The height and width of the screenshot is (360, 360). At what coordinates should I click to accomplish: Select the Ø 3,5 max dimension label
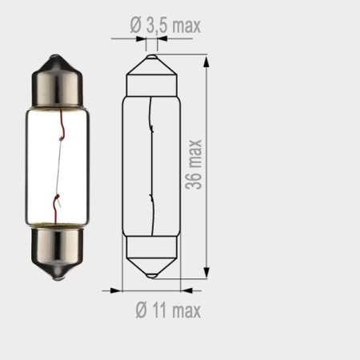(x=166, y=26)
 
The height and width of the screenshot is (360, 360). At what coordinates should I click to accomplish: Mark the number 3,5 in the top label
(x=160, y=26)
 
